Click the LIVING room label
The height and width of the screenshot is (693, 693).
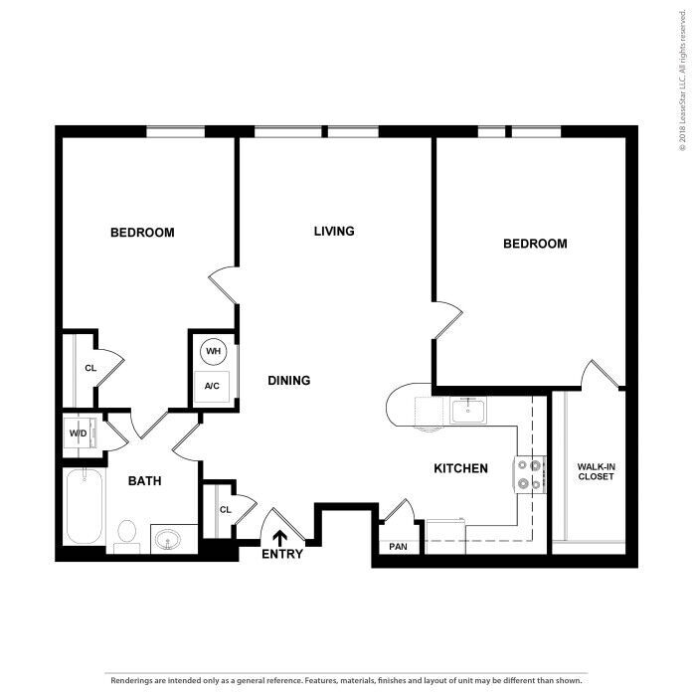[334, 232]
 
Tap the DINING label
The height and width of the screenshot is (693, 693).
[289, 380]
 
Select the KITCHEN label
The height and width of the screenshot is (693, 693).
[460, 467]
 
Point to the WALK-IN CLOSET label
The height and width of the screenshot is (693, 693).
[597, 470]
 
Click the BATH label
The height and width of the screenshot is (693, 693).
[145, 481]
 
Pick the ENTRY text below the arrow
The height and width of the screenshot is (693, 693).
[281, 554]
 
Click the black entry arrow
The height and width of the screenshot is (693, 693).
[281, 538]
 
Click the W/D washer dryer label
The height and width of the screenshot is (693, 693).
[78, 434]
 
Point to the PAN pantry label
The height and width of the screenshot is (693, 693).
[398, 547]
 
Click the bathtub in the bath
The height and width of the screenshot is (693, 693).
[85, 505]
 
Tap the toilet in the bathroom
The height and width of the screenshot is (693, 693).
[126, 535]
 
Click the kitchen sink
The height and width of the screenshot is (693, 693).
[466, 409]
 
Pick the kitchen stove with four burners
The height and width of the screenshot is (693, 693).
[529, 474]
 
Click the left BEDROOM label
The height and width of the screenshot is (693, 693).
[142, 233]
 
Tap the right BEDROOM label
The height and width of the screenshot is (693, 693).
[535, 244]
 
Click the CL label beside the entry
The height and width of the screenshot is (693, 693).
[225, 510]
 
